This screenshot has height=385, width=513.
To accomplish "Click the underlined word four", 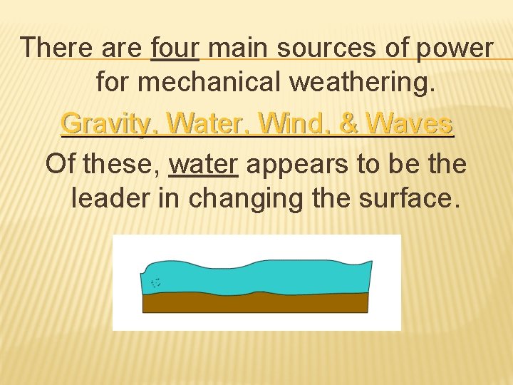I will (x=176, y=48).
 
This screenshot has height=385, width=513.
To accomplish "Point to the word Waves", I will (x=408, y=124).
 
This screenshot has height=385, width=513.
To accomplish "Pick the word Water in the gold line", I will (x=212, y=124).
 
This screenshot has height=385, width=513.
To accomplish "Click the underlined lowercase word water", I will (x=203, y=164).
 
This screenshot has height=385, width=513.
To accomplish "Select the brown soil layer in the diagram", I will (x=256, y=302).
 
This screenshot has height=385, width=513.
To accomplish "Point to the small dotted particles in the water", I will (x=156, y=283).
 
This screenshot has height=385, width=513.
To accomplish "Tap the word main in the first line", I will (x=236, y=48).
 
